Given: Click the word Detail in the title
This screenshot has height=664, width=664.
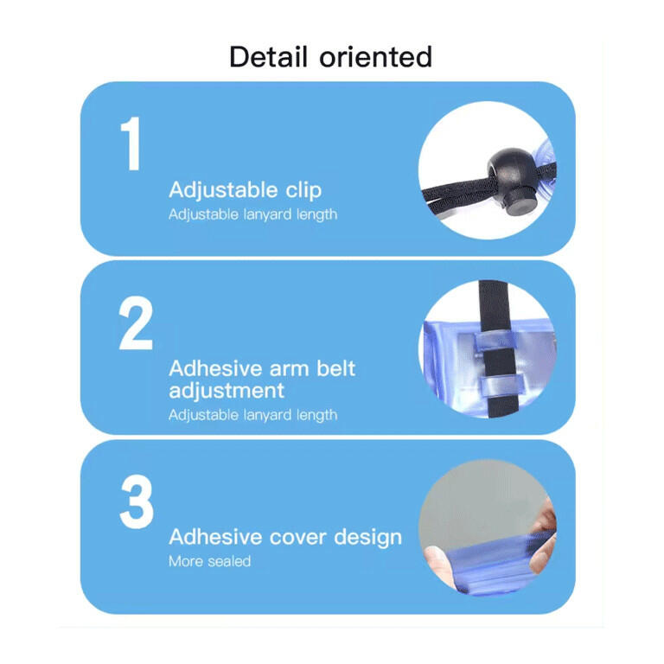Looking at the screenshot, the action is (x=268, y=56).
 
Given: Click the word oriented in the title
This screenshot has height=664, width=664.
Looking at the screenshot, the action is (x=375, y=57).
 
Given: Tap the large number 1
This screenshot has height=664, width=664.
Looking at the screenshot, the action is (x=131, y=144).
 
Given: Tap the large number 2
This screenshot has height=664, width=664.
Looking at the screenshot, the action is (x=136, y=322).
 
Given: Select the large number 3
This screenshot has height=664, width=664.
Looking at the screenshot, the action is (x=137, y=501).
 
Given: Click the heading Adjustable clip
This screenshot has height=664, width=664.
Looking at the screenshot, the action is (x=246, y=189).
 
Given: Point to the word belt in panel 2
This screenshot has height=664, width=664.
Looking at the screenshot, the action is (x=335, y=368).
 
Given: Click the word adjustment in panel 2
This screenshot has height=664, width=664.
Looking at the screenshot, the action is (x=227, y=391).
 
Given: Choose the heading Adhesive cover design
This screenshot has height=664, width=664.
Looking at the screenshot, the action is (x=285, y=537).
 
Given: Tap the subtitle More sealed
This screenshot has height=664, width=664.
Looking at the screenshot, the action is (x=209, y=561).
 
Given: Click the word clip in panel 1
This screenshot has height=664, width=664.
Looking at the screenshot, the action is (x=303, y=190).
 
